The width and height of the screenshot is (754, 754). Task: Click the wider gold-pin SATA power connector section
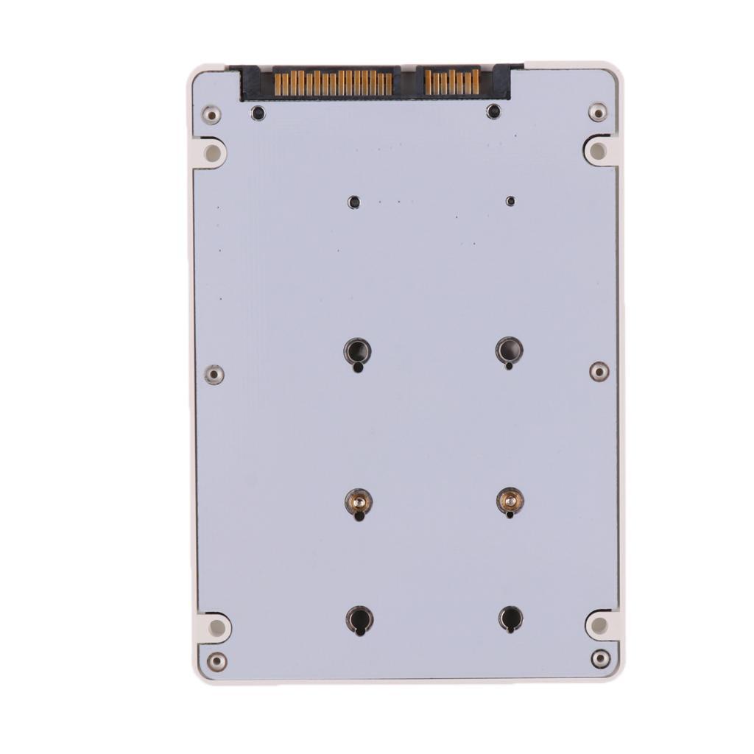333,82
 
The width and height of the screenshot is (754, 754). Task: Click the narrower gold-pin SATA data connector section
452,81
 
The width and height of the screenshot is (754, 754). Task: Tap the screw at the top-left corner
211,114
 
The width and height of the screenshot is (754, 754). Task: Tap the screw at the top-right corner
598,112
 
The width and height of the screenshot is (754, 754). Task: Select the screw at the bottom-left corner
216,661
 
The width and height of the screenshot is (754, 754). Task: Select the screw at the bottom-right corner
601,658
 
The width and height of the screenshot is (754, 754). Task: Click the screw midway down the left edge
214,374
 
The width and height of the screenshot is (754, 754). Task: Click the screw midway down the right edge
599,371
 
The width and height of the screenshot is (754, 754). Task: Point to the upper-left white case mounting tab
212,153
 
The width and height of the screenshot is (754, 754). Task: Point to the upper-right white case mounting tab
599,151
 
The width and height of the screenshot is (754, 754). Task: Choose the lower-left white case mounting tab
216,627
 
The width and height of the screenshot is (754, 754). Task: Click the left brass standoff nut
358,503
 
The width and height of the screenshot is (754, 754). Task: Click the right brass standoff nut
510,501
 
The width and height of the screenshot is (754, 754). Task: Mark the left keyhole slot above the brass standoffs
357,351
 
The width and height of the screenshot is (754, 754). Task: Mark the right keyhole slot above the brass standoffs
509,350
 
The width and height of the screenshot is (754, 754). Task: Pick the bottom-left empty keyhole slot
359,619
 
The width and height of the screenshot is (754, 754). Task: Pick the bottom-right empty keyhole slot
510,618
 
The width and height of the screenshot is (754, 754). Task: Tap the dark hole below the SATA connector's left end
258,113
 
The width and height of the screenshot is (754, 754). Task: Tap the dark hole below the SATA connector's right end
493,111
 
